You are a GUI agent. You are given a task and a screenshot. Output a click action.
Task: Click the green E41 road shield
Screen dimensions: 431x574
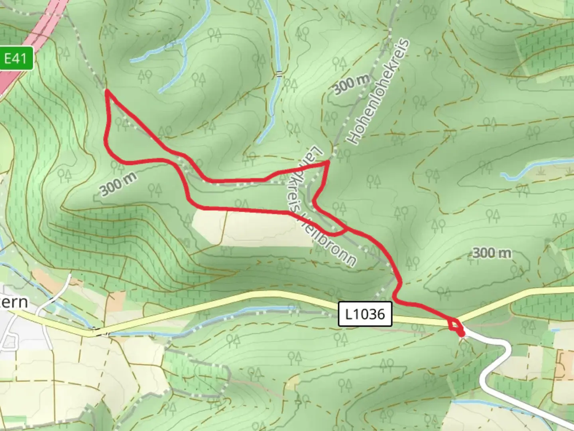[16, 59]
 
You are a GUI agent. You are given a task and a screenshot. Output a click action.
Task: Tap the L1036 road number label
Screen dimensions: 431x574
[365, 314]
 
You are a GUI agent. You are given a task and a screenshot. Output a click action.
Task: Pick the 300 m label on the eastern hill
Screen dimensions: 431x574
[491, 253]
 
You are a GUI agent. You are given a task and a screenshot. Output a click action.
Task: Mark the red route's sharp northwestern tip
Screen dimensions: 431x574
[107, 92]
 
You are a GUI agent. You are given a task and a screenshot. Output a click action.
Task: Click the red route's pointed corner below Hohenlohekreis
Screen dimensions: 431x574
[328, 162]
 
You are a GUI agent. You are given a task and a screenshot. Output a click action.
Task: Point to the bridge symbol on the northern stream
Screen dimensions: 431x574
[279, 73]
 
